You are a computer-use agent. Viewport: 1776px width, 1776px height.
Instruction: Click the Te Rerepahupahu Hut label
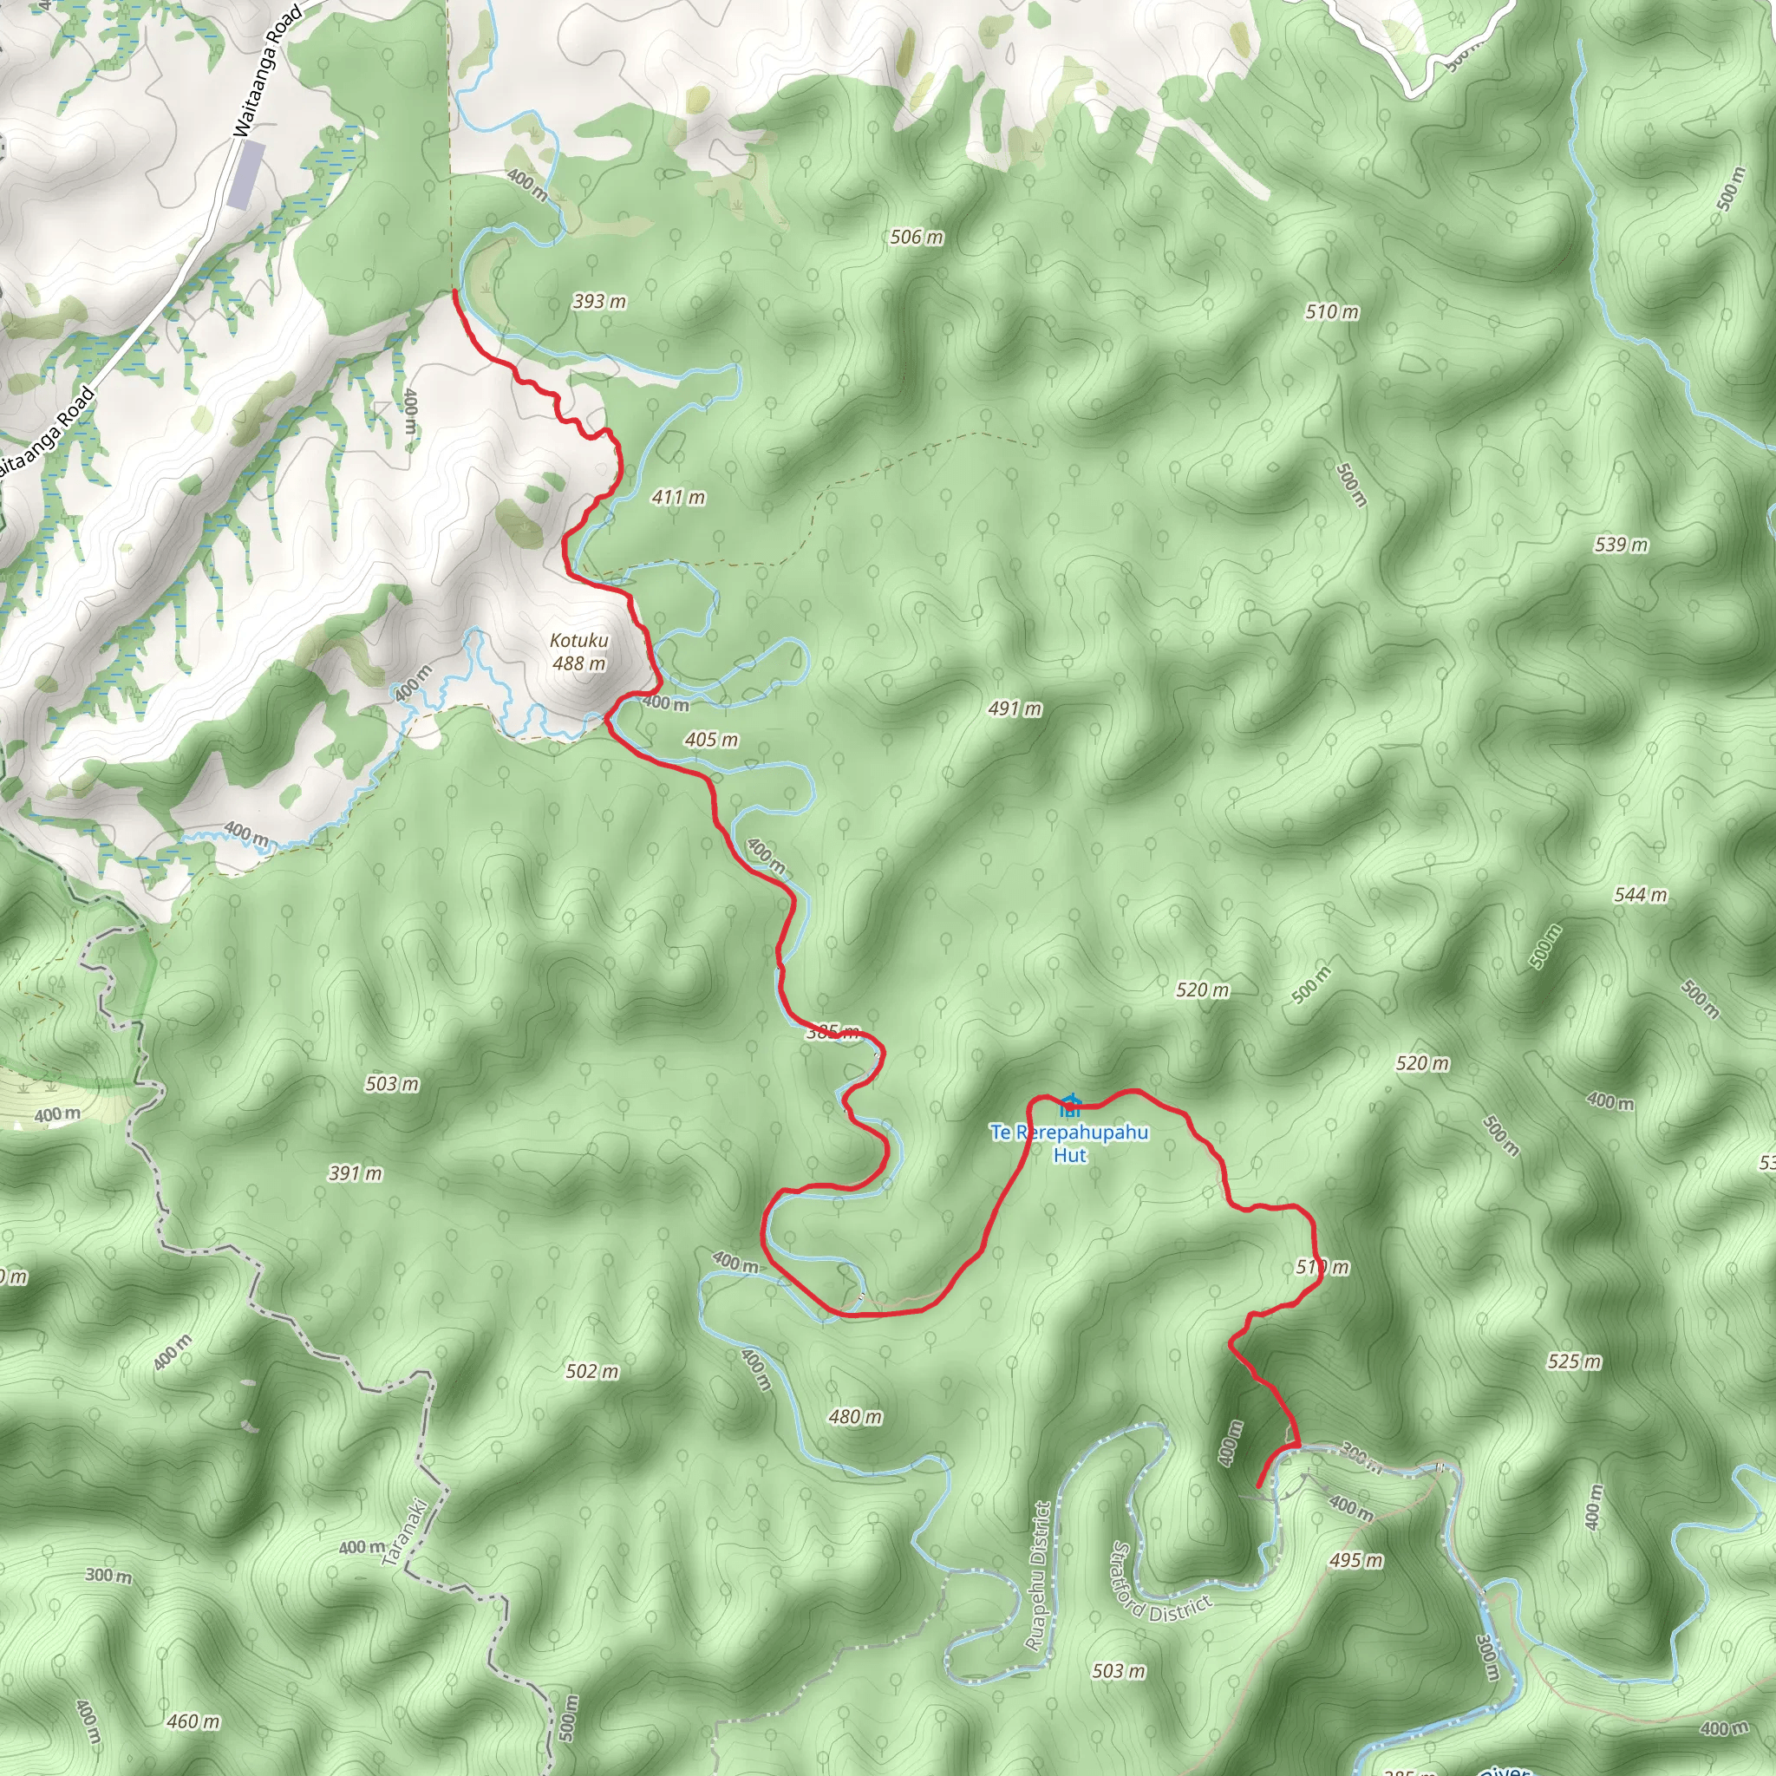1069,1144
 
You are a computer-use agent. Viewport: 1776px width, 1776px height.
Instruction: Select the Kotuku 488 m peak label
579,652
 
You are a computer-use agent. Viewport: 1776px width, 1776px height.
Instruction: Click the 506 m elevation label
917,237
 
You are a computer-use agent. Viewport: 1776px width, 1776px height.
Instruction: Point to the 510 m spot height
1332,312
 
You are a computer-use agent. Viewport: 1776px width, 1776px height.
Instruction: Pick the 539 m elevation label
1622,545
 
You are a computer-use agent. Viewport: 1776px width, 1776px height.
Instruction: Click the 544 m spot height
1641,895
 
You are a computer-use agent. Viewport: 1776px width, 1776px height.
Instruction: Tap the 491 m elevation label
1015,708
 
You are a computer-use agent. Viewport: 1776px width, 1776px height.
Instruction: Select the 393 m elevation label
599,302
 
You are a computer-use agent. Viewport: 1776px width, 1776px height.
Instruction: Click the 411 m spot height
678,497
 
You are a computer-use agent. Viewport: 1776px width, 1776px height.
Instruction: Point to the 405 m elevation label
711,740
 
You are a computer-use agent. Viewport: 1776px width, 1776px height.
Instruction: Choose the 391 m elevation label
355,1174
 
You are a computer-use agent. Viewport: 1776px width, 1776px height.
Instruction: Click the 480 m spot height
855,1418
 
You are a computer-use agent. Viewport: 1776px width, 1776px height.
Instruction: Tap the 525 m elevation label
1575,1361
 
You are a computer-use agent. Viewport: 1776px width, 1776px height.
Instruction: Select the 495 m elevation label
1356,1561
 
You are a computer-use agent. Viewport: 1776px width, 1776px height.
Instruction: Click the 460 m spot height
193,1721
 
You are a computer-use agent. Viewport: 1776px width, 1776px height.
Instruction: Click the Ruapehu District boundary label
1040,1577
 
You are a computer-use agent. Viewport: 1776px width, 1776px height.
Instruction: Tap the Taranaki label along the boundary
404,1532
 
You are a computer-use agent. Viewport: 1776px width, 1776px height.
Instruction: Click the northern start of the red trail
455,292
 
